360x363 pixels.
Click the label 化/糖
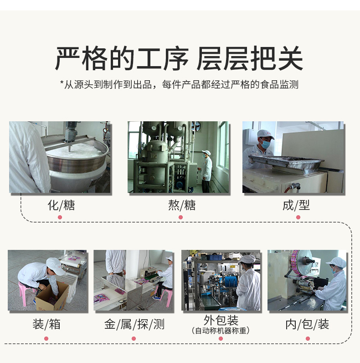tap(61, 205)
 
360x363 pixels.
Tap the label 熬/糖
tap(182, 205)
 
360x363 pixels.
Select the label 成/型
tap(296, 205)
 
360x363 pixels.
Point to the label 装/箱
tap(46, 324)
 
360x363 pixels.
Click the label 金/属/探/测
tap(134, 324)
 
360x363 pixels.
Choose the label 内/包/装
tap(307, 324)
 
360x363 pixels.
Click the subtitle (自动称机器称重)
tap(221, 331)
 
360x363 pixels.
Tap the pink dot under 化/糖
tap(60, 217)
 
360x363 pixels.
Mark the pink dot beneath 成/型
tap(298, 217)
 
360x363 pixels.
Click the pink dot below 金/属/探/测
tap(134, 338)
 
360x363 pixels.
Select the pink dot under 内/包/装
tap(308, 338)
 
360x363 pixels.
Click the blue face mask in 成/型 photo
tap(264, 144)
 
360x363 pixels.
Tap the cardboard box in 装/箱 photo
tap(53, 297)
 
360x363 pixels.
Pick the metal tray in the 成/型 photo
tap(286, 164)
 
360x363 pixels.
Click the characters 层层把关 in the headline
tap(250, 58)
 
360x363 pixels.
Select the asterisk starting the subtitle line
tap(62, 83)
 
